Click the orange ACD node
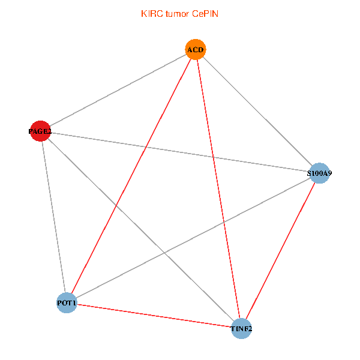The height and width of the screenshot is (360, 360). pos(195,49)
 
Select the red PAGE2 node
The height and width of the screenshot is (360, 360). pos(40,131)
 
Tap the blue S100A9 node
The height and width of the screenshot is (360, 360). pos(319,173)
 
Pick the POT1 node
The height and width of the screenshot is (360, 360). pos(67,303)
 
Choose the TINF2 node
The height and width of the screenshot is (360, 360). pos(241,329)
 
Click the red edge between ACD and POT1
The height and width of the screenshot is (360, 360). pos(131,176)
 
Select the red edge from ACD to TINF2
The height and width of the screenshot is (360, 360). pos(218,189)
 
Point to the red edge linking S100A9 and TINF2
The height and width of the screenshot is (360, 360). pos(280,251)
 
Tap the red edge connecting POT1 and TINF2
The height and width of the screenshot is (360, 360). pos(154,316)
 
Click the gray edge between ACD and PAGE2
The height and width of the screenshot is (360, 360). pos(117,90)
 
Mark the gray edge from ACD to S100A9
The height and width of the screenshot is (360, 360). pos(257,111)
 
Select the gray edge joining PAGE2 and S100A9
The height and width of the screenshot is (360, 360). pos(179,152)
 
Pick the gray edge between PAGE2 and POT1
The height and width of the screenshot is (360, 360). pos(53,217)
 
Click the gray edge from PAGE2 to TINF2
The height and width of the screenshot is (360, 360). pos(140,230)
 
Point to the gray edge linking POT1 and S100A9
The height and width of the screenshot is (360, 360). pos(193,238)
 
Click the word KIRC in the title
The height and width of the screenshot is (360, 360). pos(150,13)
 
